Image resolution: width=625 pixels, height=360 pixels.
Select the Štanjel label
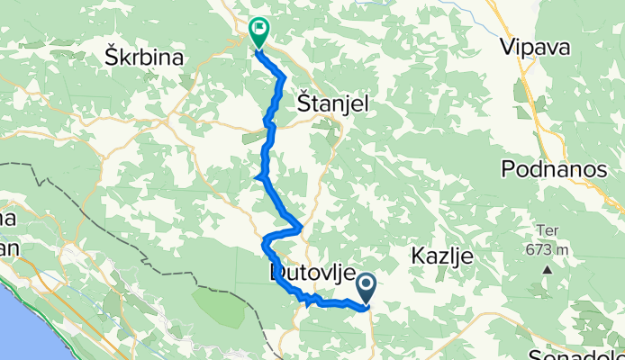click(x=332, y=104)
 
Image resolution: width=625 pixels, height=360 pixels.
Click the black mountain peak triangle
click(x=547, y=269)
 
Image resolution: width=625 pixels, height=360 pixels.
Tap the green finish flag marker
click(x=258, y=30)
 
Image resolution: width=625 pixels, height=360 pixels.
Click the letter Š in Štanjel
click(x=304, y=104)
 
